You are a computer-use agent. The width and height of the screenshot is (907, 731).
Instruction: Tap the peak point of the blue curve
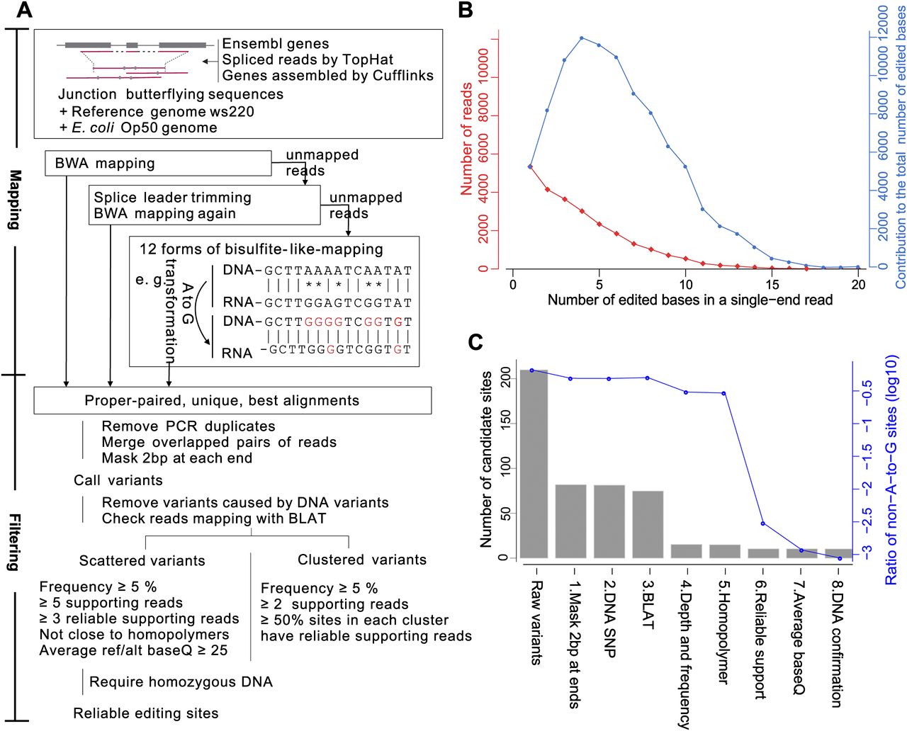581,38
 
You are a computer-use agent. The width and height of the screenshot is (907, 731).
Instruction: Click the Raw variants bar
533,464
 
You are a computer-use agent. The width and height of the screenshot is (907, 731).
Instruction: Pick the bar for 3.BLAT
648,524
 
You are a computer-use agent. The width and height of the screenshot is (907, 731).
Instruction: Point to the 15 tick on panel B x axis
772,284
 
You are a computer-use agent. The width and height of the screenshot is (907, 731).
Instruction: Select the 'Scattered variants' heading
142,560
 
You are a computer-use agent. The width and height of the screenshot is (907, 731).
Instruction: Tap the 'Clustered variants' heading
362,560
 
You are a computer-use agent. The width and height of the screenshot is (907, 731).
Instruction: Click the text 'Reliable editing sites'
146,713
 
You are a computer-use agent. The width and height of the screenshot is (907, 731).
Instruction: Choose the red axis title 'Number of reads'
467,139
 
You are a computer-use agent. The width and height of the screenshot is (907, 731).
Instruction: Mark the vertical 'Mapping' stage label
13,200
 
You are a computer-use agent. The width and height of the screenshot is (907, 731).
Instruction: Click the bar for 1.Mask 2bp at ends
570,521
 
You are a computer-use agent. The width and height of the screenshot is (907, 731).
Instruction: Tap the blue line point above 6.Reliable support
762,523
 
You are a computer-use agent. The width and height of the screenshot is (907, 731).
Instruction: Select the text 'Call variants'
118,480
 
